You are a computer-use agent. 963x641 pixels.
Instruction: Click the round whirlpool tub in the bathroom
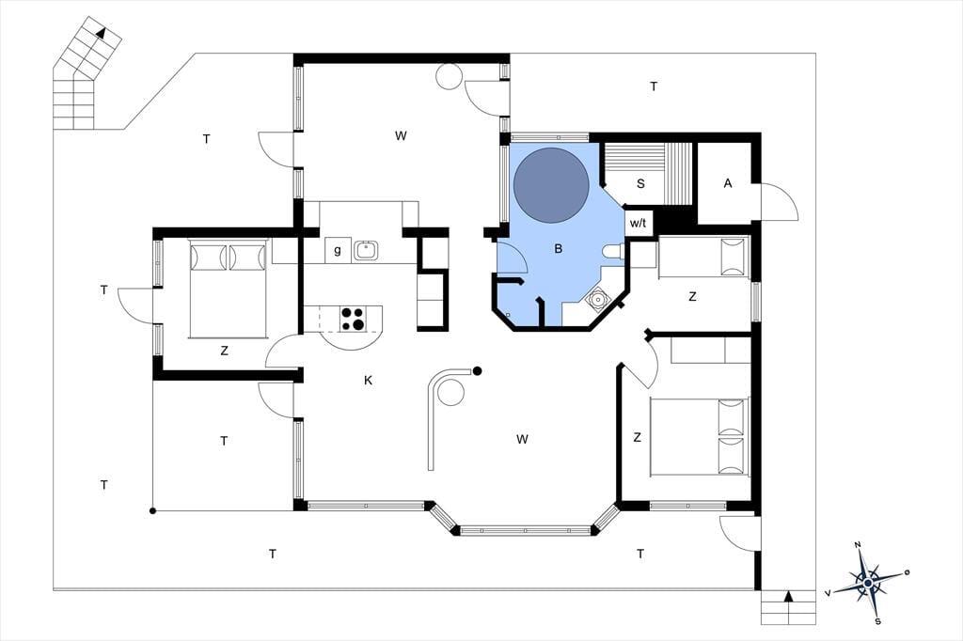551,185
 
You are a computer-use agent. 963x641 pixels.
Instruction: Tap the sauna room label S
640,183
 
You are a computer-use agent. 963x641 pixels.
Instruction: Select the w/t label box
639,223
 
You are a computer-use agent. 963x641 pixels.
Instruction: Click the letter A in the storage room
728,183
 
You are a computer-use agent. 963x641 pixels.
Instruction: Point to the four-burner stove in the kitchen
353,319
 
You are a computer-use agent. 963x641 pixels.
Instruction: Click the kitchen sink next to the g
366,249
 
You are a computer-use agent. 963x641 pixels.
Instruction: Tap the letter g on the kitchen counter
338,250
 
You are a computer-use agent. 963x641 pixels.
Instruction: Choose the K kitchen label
368,380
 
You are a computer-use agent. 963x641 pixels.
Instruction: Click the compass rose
867,582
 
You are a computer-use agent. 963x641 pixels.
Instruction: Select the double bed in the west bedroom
228,289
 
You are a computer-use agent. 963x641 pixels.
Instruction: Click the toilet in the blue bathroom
614,251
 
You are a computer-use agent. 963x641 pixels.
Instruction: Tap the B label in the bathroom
559,249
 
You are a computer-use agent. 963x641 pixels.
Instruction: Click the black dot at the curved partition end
477,371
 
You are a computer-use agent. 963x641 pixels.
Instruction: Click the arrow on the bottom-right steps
789,596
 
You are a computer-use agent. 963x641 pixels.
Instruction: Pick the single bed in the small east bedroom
704,258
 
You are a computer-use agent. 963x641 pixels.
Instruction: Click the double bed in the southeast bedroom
700,436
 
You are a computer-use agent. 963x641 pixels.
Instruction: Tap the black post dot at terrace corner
152,510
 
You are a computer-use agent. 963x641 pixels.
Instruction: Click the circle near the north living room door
449,76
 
